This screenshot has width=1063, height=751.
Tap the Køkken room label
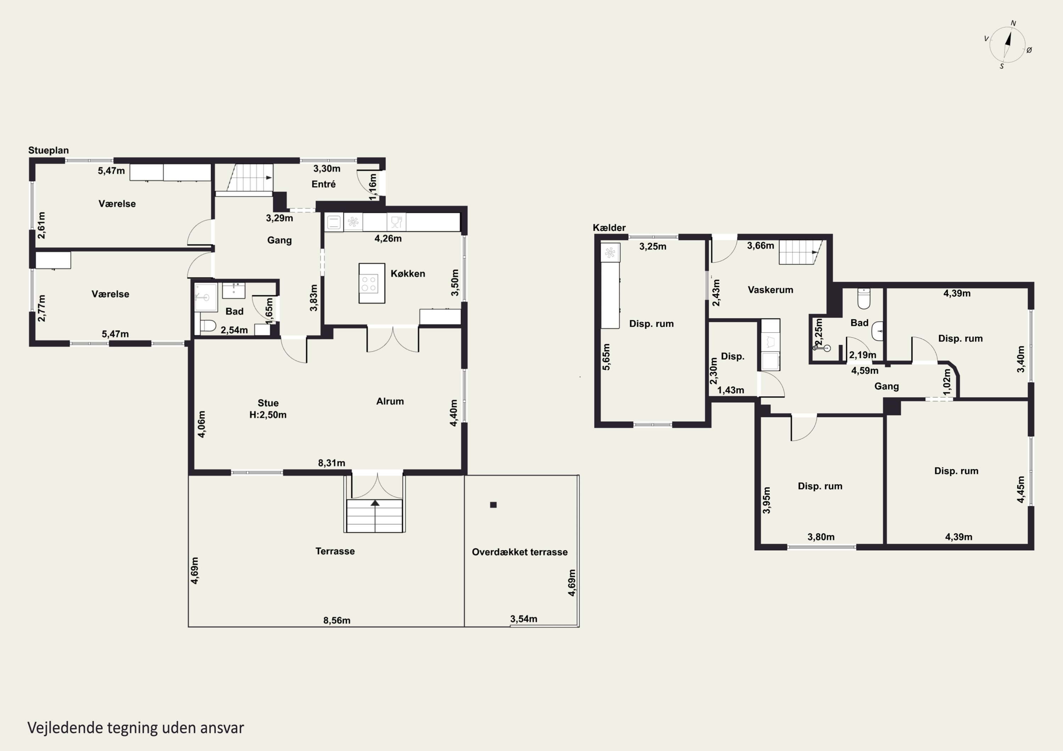(407, 273)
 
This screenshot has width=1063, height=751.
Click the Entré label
(323, 184)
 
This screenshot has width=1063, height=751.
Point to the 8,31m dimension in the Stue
(332, 463)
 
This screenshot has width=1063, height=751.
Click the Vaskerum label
(770, 290)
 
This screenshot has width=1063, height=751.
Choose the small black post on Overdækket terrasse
(493, 505)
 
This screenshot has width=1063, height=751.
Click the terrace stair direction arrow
(375, 503)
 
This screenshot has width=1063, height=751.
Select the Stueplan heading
(49, 150)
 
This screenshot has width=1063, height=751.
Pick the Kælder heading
(609, 228)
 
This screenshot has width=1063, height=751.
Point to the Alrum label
(390, 401)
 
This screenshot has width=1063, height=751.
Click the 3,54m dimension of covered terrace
(524, 619)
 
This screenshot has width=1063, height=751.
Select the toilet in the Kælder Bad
(864, 299)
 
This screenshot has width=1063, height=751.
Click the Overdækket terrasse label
(519, 552)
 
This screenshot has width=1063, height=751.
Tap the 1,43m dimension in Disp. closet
(731, 390)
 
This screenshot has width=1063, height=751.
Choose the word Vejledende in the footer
(65, 728)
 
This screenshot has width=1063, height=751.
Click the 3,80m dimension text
(821, 537)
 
